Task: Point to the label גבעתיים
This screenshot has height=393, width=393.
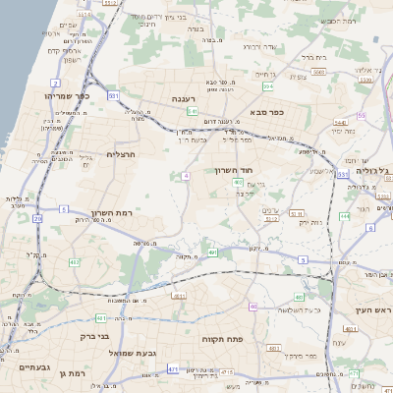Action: pos(34,366)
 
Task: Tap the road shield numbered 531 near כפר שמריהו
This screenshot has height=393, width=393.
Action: pos(114,95)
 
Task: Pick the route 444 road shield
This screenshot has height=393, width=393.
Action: pos(344,215)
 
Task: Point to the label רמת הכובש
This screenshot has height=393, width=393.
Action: pos(334,21)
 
